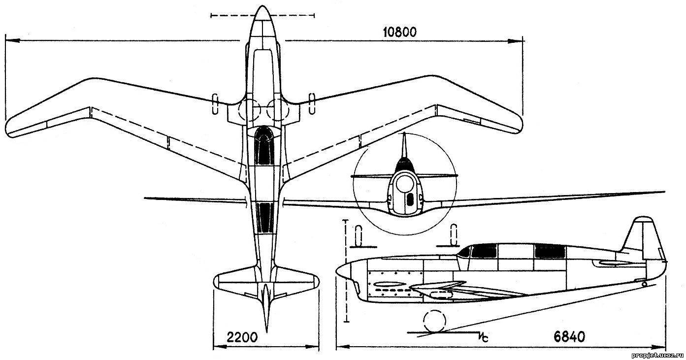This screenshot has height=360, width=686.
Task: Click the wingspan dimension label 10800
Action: click(399, 32)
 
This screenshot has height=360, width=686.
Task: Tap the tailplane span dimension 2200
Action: click(243, 338)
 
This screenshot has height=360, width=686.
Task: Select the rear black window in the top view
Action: click(265, 217)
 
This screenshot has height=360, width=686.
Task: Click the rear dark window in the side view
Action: click(549, 251)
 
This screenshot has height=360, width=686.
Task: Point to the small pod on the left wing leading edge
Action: click(215, 103)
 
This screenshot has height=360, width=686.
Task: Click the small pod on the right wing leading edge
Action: click(311, 103)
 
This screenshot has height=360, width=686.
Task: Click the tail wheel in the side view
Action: click(645, 284)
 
